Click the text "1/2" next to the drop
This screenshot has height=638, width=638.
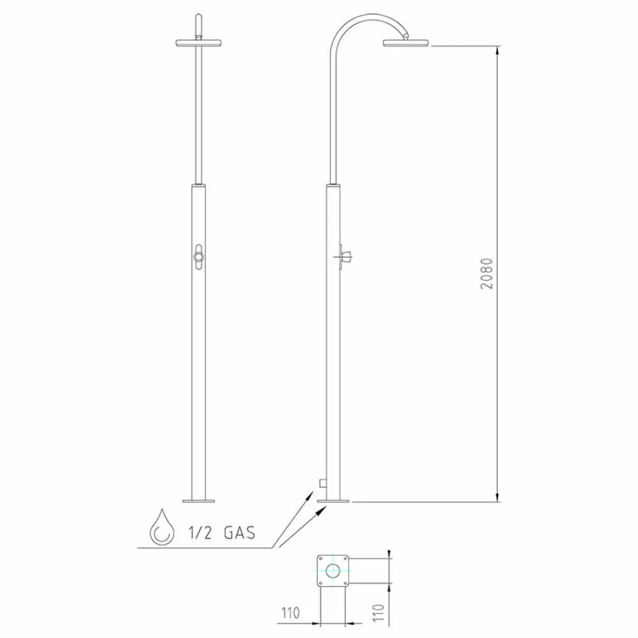(200, 533)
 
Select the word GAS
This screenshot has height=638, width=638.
(239, 533)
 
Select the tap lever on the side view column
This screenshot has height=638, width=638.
(346, 255)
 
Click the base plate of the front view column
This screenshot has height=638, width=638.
(199, 500)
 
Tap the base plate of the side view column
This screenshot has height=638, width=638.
(334, 500)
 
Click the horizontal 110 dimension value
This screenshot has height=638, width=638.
(290, 612)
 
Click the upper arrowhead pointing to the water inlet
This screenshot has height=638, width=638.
(310, 494)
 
